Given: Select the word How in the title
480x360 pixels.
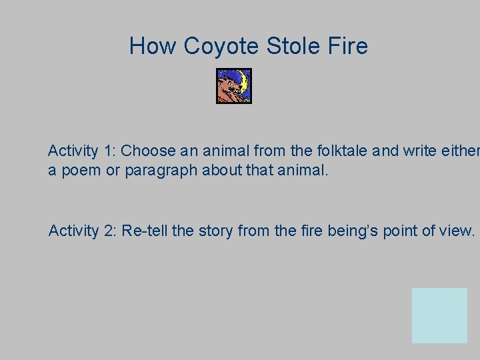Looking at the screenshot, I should pos(153,47).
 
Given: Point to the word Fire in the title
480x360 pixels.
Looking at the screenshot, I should pos(347,47).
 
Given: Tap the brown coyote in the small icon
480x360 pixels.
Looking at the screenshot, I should pos(228,89).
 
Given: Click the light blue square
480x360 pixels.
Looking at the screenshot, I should pos(439,315).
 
